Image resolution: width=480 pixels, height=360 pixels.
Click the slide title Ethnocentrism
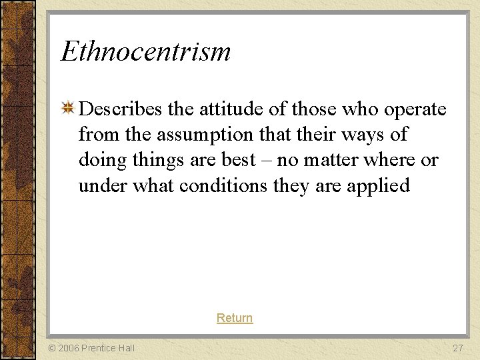pos(145,52)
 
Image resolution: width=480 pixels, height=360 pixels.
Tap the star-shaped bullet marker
pos(67,109)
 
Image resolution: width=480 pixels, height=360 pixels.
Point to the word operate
pos(415,110)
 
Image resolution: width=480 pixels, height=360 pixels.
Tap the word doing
pos(97,161)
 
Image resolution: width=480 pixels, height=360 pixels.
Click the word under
pos(103,185)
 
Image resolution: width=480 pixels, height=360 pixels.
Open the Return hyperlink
pos(235,318)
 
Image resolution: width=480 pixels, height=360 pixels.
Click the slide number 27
pos(458,348)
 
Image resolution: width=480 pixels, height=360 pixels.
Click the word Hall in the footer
pos(124,348)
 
